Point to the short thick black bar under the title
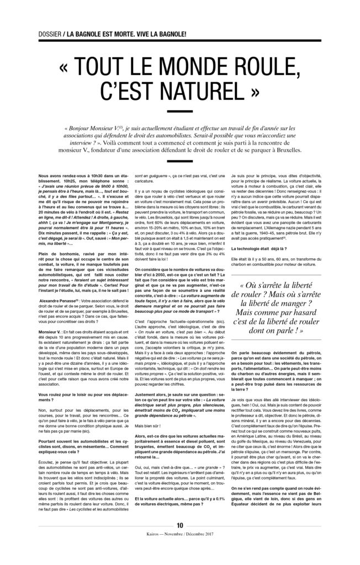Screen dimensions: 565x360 click(x=180, y=114)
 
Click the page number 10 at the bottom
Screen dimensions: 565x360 click(x=180, y=540)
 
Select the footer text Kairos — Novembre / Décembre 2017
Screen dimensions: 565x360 click(x=180, y=550)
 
